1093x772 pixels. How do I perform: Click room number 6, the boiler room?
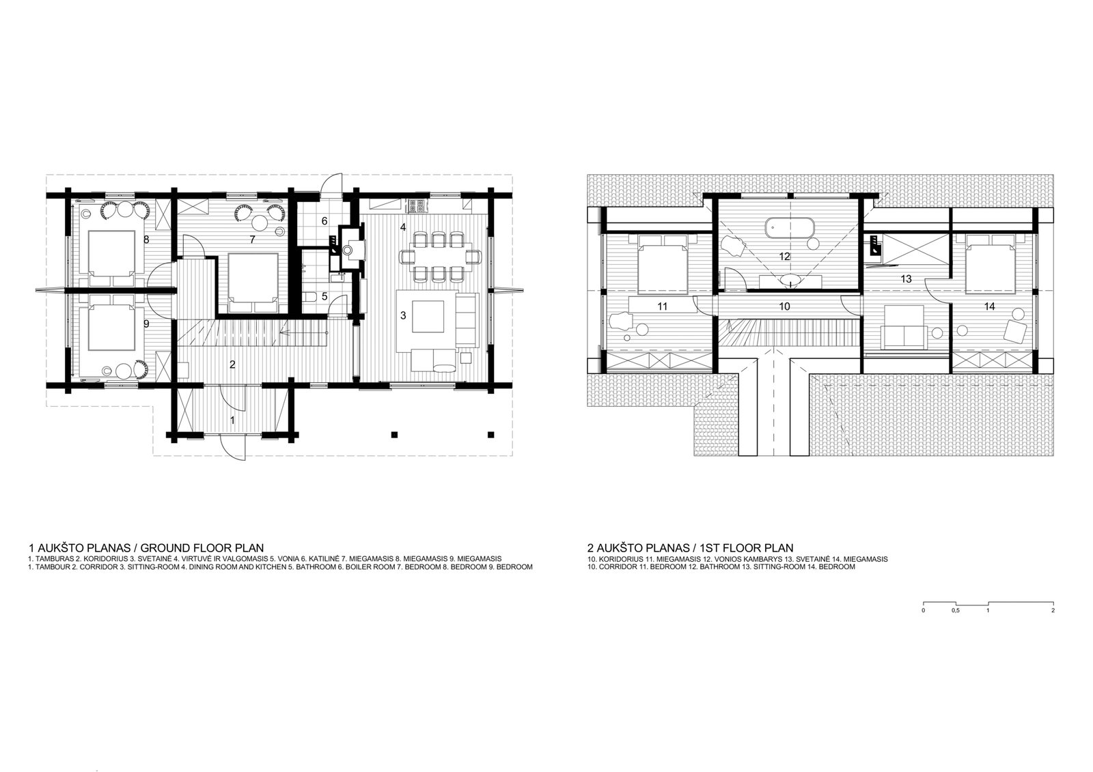pyautogui.click(x=324, y=221)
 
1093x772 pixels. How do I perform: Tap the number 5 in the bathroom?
pyautogui.click(x=324, y=296)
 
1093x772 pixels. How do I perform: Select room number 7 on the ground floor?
pyautogui.click(x=252, y=240)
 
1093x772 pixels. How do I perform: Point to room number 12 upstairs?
pyautogui.click(x=784, y=257)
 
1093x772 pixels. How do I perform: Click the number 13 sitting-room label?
pyautogui.click(x=906, y=279)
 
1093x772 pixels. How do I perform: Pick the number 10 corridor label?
pyautogui.click(x=784, y=306)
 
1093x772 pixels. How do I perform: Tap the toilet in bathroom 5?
pyautogui.click(x=310, y=296)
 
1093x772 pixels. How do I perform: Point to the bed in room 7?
pyautogui.click(x=253, y=283)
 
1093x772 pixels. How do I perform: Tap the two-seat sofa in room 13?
pyautogui.click(x=904, y=327)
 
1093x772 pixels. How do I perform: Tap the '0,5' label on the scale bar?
pyautogui.click(x=955, y=610)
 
